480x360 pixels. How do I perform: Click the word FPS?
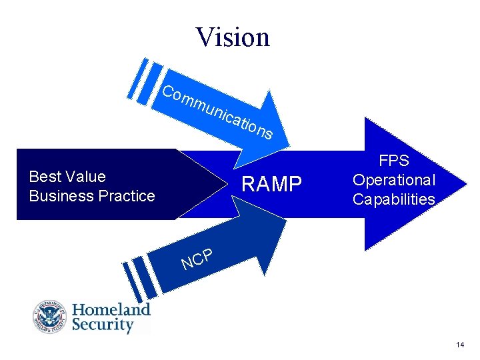[x=393, y=161]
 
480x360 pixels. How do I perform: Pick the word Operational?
[x=393, y=180]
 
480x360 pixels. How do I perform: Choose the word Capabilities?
[x=393, y=199]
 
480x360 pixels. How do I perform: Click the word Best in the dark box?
[x=45, y=177]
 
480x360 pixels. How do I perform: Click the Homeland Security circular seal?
[x=49, y=317]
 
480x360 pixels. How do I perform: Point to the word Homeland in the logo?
[x=111, y=309]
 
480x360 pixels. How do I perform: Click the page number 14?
[x=460, y=345]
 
